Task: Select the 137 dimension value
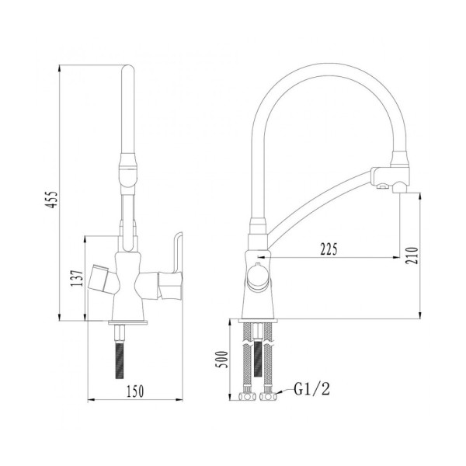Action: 73,278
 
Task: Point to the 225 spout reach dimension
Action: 330,249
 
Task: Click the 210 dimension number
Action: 412,253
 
